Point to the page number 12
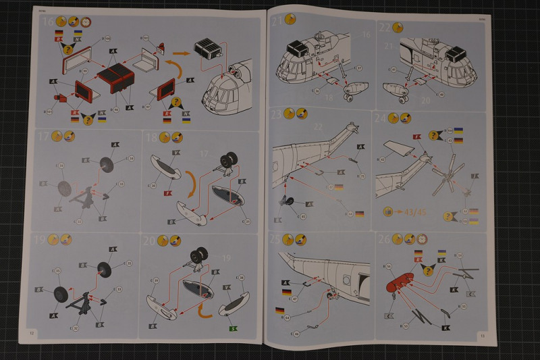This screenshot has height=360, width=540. tap(31, 333)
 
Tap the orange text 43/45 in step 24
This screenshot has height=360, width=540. tap(411, 211)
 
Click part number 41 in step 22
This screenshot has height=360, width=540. tap(394, 70)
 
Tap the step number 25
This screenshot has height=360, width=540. tap(276, 238)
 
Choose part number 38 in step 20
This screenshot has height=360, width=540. tap(241, 278)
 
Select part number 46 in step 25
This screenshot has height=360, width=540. tap(296, 334)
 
